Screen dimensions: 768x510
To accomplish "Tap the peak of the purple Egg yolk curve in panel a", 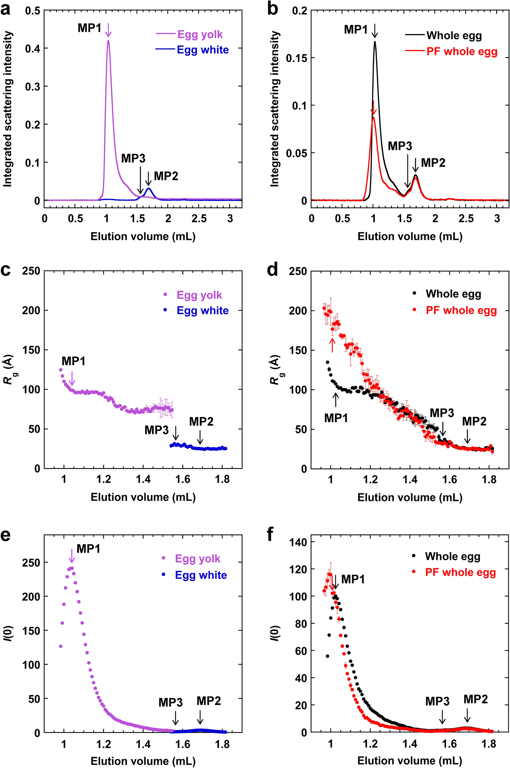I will tap(108, 41).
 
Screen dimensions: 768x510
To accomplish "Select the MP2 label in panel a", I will tap(166, 176).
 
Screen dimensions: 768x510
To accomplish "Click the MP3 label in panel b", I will tap(400, 146).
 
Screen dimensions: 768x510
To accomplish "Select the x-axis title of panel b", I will tap(410, 236).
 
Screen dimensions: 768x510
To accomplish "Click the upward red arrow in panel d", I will tap(332, 345).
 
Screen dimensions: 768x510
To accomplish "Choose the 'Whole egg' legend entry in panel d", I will tap(453, 294).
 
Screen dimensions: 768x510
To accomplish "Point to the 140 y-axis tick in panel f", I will tap(298, 542).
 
